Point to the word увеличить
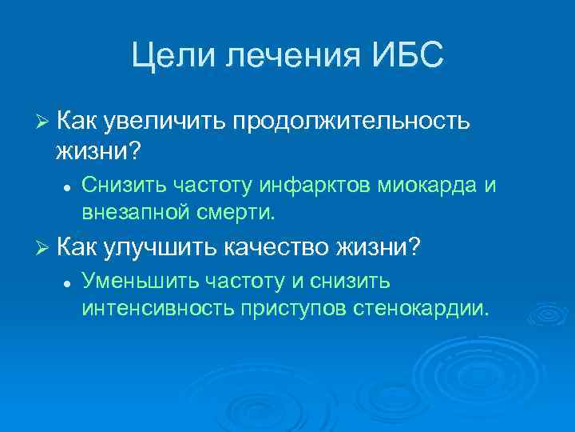[x=164, y=120]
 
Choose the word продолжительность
[x=350, y=120]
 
